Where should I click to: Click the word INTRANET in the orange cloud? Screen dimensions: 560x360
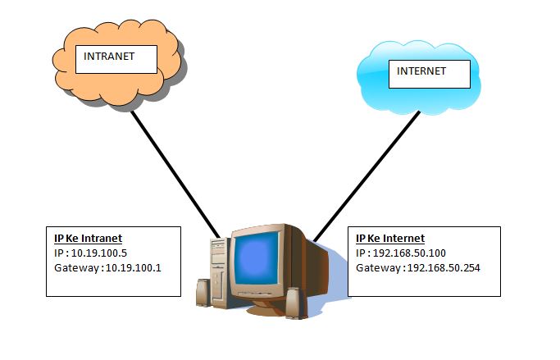109,56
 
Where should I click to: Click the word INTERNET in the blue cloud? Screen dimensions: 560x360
421,71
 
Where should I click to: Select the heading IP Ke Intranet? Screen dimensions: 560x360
89,238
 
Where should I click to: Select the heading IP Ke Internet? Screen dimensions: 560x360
390,238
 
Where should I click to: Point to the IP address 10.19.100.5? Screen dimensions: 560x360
99,253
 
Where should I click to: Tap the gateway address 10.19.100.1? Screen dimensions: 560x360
133,268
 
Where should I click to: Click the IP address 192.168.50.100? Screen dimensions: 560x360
409,253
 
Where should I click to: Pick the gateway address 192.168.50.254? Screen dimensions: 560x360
444,268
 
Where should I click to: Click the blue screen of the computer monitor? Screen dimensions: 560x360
257,257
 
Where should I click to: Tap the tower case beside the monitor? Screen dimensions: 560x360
219,271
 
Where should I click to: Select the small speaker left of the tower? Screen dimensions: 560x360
203,292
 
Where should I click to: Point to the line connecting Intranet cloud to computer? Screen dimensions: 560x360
175,175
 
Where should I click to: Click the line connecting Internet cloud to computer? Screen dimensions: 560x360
367,176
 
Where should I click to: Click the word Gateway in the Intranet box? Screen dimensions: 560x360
77,268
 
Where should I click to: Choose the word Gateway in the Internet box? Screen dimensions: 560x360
378,268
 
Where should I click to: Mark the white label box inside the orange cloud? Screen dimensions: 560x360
116,59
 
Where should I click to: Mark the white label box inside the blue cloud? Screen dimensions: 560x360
430,75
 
